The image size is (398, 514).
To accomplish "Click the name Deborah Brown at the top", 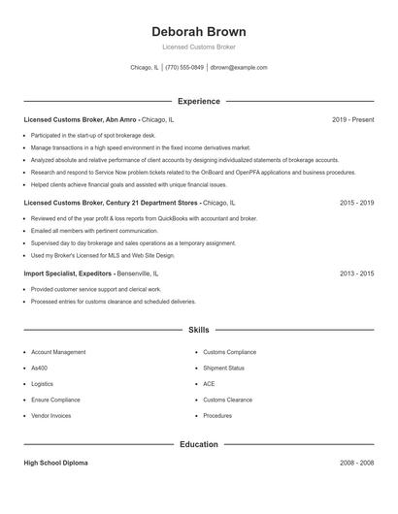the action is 199,32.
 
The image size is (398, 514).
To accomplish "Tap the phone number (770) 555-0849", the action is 184,68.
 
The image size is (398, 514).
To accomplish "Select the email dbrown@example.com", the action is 239,68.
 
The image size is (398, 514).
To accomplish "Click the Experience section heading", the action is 199,101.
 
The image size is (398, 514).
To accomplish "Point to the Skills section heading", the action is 199,331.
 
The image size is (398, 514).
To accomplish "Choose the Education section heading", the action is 199,444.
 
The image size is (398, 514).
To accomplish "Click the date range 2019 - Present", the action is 352,119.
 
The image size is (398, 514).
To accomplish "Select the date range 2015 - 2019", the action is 356,204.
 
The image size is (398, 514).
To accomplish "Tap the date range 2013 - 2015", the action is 356,274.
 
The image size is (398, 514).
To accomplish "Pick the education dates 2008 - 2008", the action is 356,463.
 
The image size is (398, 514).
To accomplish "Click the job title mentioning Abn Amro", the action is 99,119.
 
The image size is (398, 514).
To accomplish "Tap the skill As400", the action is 41,368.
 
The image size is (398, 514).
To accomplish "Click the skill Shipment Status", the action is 223,368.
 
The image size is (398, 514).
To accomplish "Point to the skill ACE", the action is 209,384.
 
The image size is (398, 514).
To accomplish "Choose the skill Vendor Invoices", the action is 51,415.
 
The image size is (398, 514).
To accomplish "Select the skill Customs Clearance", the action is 227,400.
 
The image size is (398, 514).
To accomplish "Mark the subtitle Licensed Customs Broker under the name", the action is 199,47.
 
